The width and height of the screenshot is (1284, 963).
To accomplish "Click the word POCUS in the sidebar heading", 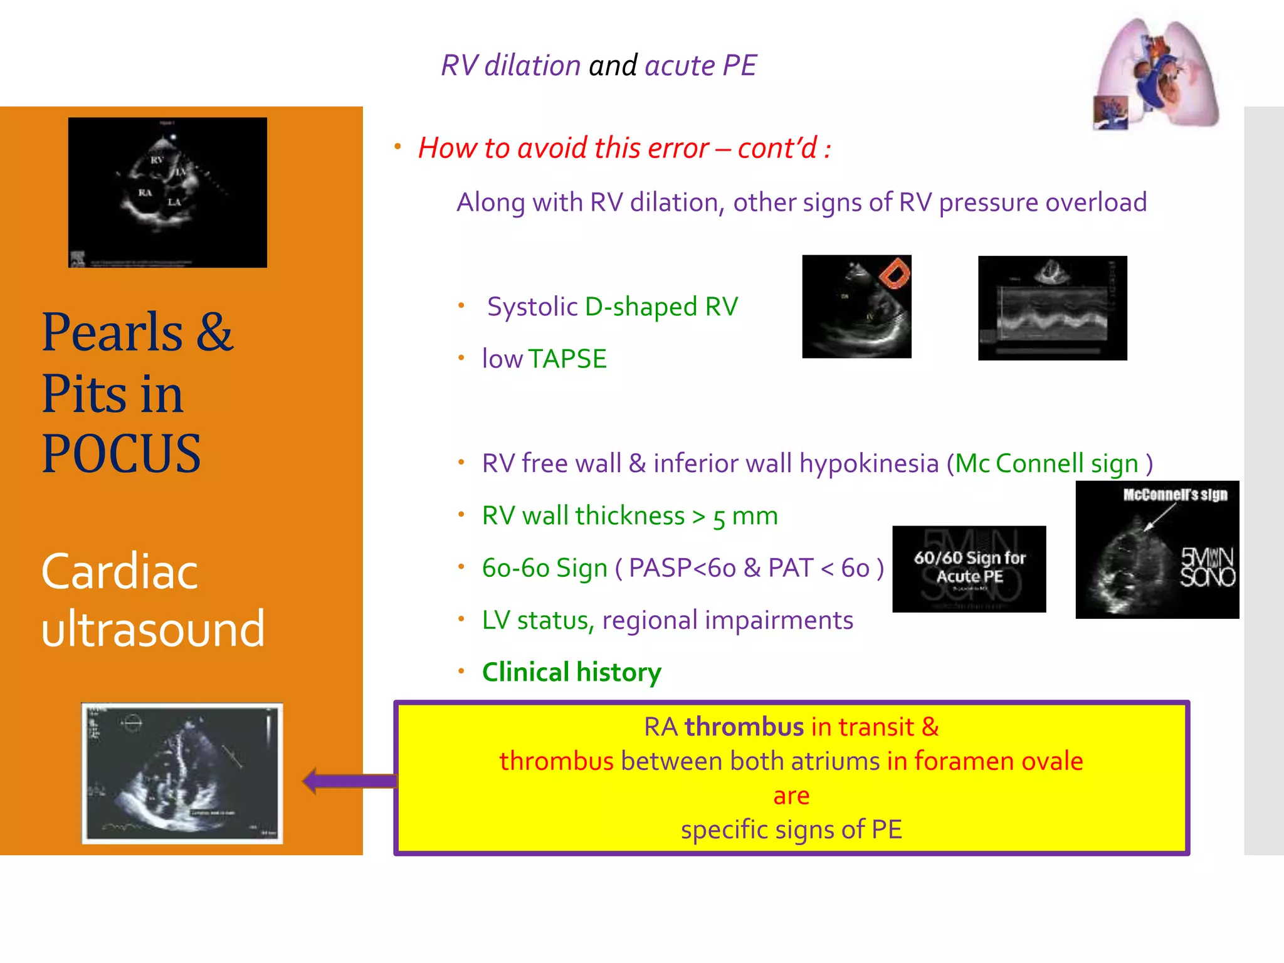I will tap(121, 454).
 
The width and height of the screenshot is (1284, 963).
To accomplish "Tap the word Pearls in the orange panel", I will tap(112, 332).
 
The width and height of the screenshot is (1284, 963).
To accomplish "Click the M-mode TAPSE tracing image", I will tap(1052, 307).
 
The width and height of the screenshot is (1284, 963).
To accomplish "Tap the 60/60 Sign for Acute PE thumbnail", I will tap(969, 569).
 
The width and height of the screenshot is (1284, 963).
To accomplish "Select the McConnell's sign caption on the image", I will tap(1175, 495).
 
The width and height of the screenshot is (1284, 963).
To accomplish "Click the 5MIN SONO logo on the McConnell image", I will tap(1207, 567).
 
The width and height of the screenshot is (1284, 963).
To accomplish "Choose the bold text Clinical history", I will tap(571, 672).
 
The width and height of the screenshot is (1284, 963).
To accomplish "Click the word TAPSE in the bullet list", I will tap(567, 359).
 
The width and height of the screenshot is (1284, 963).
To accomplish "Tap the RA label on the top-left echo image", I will tap(145, 192).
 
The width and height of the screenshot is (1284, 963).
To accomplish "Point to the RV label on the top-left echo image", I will tap(157, 160).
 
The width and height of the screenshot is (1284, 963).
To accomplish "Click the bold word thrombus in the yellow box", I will tap(744, 727).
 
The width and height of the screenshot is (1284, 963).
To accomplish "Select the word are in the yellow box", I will tap(791, 796).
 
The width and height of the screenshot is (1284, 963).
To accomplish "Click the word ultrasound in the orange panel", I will tap(153, 629).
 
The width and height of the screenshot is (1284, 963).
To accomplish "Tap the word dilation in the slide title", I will tap(532, 65).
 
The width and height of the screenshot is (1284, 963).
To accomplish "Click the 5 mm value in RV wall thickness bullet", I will tap(745, 517).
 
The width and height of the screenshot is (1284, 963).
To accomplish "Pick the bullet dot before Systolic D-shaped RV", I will tap(461, 305).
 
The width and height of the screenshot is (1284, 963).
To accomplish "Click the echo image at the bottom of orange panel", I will tap(182, 773).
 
